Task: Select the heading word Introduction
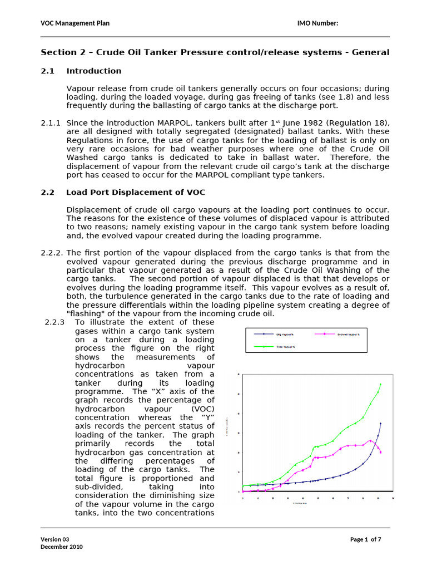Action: [x=93, y=71]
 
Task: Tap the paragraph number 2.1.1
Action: [x=50, y=123]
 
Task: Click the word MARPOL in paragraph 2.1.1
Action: [x=150, y=123]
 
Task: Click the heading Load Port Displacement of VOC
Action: [x=135, y=193]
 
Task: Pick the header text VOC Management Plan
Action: [x=75, y=23]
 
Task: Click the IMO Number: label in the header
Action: [x=318, y=23]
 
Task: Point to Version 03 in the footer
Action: [x=55, y=539]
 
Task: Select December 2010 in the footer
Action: [x=61, y=547]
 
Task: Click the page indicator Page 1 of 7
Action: [x=365, y=539]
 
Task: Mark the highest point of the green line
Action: [x=381, y=384]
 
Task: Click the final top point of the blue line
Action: [x=381, y=423]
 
